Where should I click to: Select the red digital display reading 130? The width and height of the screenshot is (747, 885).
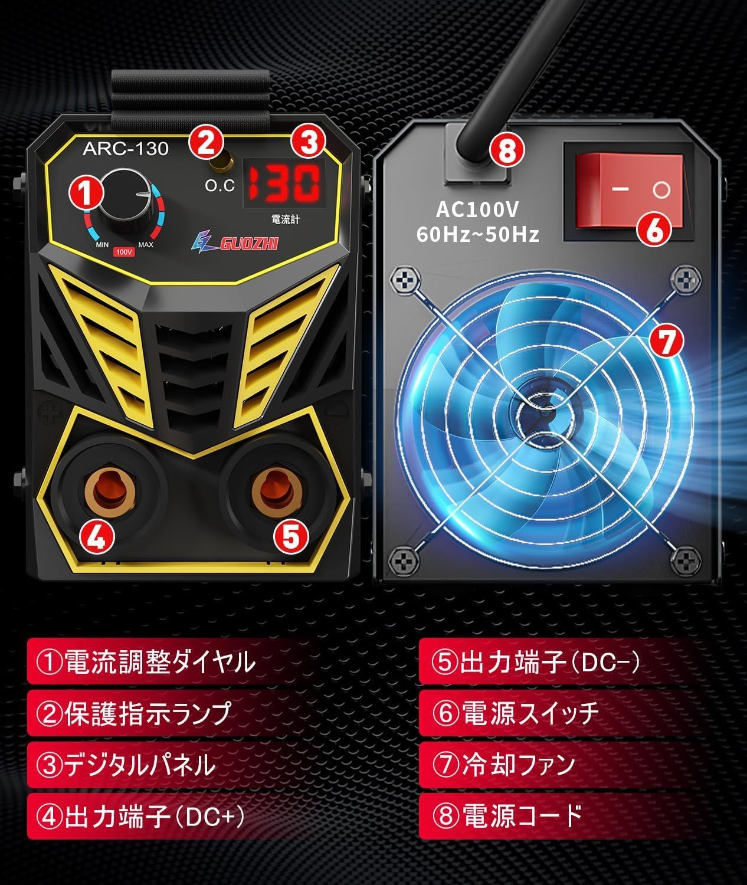pyautogui.click(x=283, y=183)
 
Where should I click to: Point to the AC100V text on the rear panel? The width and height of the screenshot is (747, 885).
pyautogui.click(x=478, y=209)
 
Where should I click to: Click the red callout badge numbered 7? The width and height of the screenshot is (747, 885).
pyautogui.click(x=665, y=342)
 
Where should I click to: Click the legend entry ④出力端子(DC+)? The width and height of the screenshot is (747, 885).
pyautogui.click(x=140, y=817)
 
